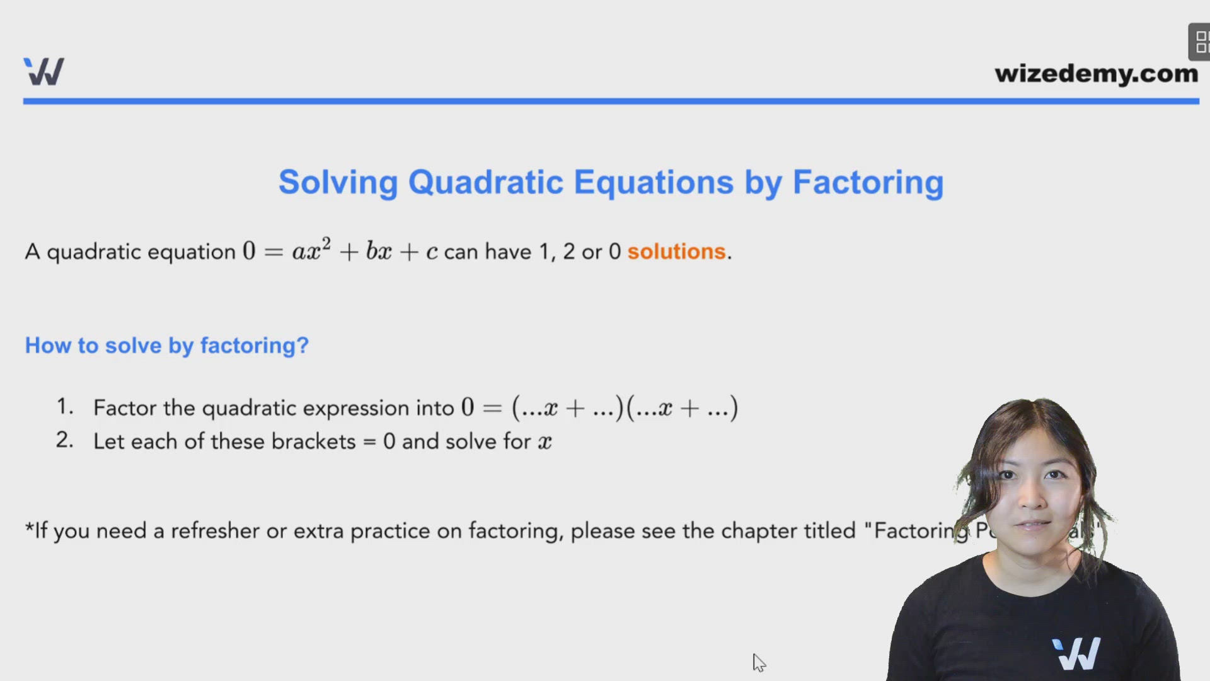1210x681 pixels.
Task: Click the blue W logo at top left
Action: pos(43,71)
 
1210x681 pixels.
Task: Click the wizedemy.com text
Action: pos(1096,74)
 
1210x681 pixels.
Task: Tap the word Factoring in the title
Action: pos(868,183)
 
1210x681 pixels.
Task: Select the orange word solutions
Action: pos(676,252)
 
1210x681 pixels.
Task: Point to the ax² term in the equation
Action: pos(311,250)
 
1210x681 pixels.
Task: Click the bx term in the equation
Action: pos(379,251)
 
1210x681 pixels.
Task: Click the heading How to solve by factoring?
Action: pos(166,346)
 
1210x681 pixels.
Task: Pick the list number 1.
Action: pos(64,406)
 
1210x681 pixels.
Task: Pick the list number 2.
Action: pos(64,439)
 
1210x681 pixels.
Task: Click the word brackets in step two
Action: pos(313,441)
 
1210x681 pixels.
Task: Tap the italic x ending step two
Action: pos(544,442)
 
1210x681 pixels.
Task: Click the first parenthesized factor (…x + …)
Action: pos(567,408)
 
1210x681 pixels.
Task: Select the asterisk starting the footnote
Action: pos(29,527)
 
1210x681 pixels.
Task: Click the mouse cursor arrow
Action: pos(758,662)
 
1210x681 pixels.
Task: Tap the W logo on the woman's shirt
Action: pos(1076,653)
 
